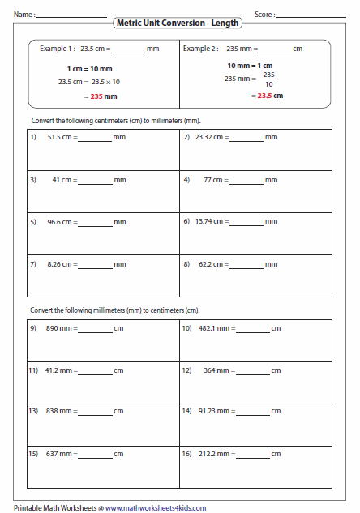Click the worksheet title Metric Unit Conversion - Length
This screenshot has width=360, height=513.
tap(178, 24)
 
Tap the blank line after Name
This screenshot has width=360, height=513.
tap(71, 16)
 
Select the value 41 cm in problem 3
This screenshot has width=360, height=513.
tap(62, 179)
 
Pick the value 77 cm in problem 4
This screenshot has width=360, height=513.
tap(214, 179)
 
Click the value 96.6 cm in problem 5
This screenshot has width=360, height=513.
tap(59, 221)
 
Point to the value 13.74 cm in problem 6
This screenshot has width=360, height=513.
tap(211, 221)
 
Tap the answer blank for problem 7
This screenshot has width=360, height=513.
tap(95, 266)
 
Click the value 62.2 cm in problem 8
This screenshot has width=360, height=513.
tap(212, 263)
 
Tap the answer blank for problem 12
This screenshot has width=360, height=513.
tap(253, 373)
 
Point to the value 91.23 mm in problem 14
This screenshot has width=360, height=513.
tap(214, 412)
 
